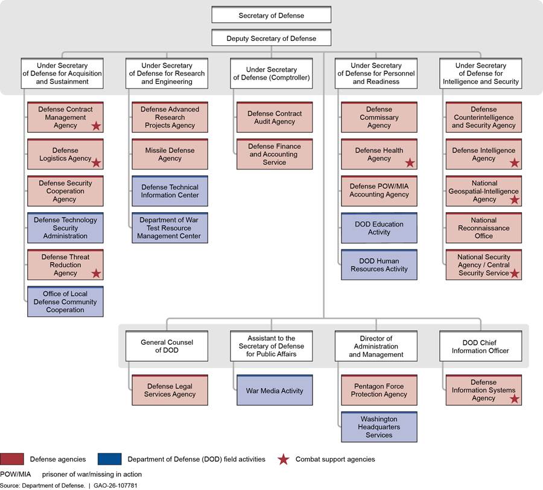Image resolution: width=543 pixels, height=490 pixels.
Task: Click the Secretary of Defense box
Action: [271, 15]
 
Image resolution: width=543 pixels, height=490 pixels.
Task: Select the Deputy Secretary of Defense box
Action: [271, 38]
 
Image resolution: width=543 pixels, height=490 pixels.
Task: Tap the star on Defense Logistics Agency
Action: [96, 163]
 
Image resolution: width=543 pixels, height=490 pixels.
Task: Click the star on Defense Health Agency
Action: [410, 163]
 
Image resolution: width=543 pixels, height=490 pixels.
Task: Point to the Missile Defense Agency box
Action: [170, 154]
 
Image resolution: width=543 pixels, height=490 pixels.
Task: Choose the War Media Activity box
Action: [275, 390]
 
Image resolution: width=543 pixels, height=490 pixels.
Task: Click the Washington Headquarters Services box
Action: [379, 427]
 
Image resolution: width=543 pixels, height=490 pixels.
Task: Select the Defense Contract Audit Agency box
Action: [275, 117]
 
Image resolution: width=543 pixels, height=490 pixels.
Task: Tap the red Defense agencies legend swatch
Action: [12, 459]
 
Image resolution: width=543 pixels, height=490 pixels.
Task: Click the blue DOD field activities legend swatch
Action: [109, 459]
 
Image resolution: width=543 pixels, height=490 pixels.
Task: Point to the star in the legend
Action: [284, 459]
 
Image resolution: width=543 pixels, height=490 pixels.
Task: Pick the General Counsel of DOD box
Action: [167, 346]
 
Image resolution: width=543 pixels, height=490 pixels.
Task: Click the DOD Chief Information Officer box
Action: [480, 346]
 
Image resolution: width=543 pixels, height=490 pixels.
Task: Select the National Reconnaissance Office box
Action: [483, 228]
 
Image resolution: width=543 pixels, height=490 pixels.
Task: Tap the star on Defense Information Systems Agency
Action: [514, 398]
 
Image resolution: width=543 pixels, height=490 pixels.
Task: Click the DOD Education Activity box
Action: [379, 228]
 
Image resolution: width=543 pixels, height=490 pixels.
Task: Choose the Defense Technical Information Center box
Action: [170, 191]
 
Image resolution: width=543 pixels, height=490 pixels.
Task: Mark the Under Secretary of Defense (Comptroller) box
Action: [271, 74]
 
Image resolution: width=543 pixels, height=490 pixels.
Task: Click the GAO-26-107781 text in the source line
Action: [115, 486]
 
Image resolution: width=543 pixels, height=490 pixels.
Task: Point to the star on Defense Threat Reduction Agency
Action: [96, 274]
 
